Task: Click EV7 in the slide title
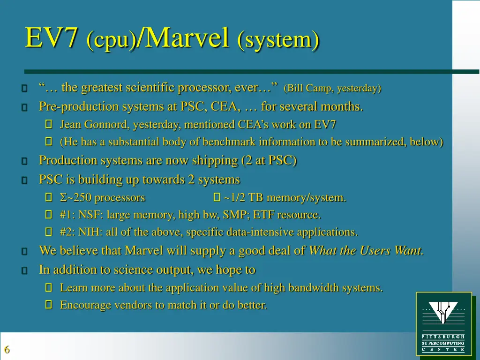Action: pos(51,38)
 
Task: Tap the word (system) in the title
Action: pos(278,39)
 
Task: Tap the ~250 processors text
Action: pos(103,198)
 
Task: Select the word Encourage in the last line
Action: pos(83,305)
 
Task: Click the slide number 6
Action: pos(7,350)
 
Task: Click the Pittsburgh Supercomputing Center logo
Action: pos(443,323)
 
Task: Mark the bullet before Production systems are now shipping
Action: pos(24,161)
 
